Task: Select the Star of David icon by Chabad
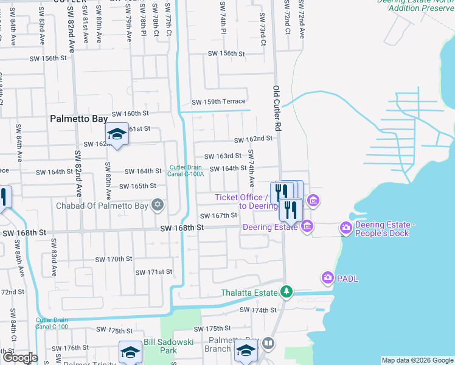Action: pos(158,204)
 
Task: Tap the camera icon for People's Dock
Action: pos(346,228)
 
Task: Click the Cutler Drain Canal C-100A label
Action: pos(187,171)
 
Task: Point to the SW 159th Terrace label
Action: pos(218,102)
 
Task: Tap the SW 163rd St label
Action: pos(223,156)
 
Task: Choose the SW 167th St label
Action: pos(218,216)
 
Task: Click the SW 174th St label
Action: pos(259,310)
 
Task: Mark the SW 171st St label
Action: pos(154,272)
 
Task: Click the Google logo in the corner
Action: pos(19,358)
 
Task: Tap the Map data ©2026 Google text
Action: pos(417,361)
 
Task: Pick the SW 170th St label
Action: pos(114,259)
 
